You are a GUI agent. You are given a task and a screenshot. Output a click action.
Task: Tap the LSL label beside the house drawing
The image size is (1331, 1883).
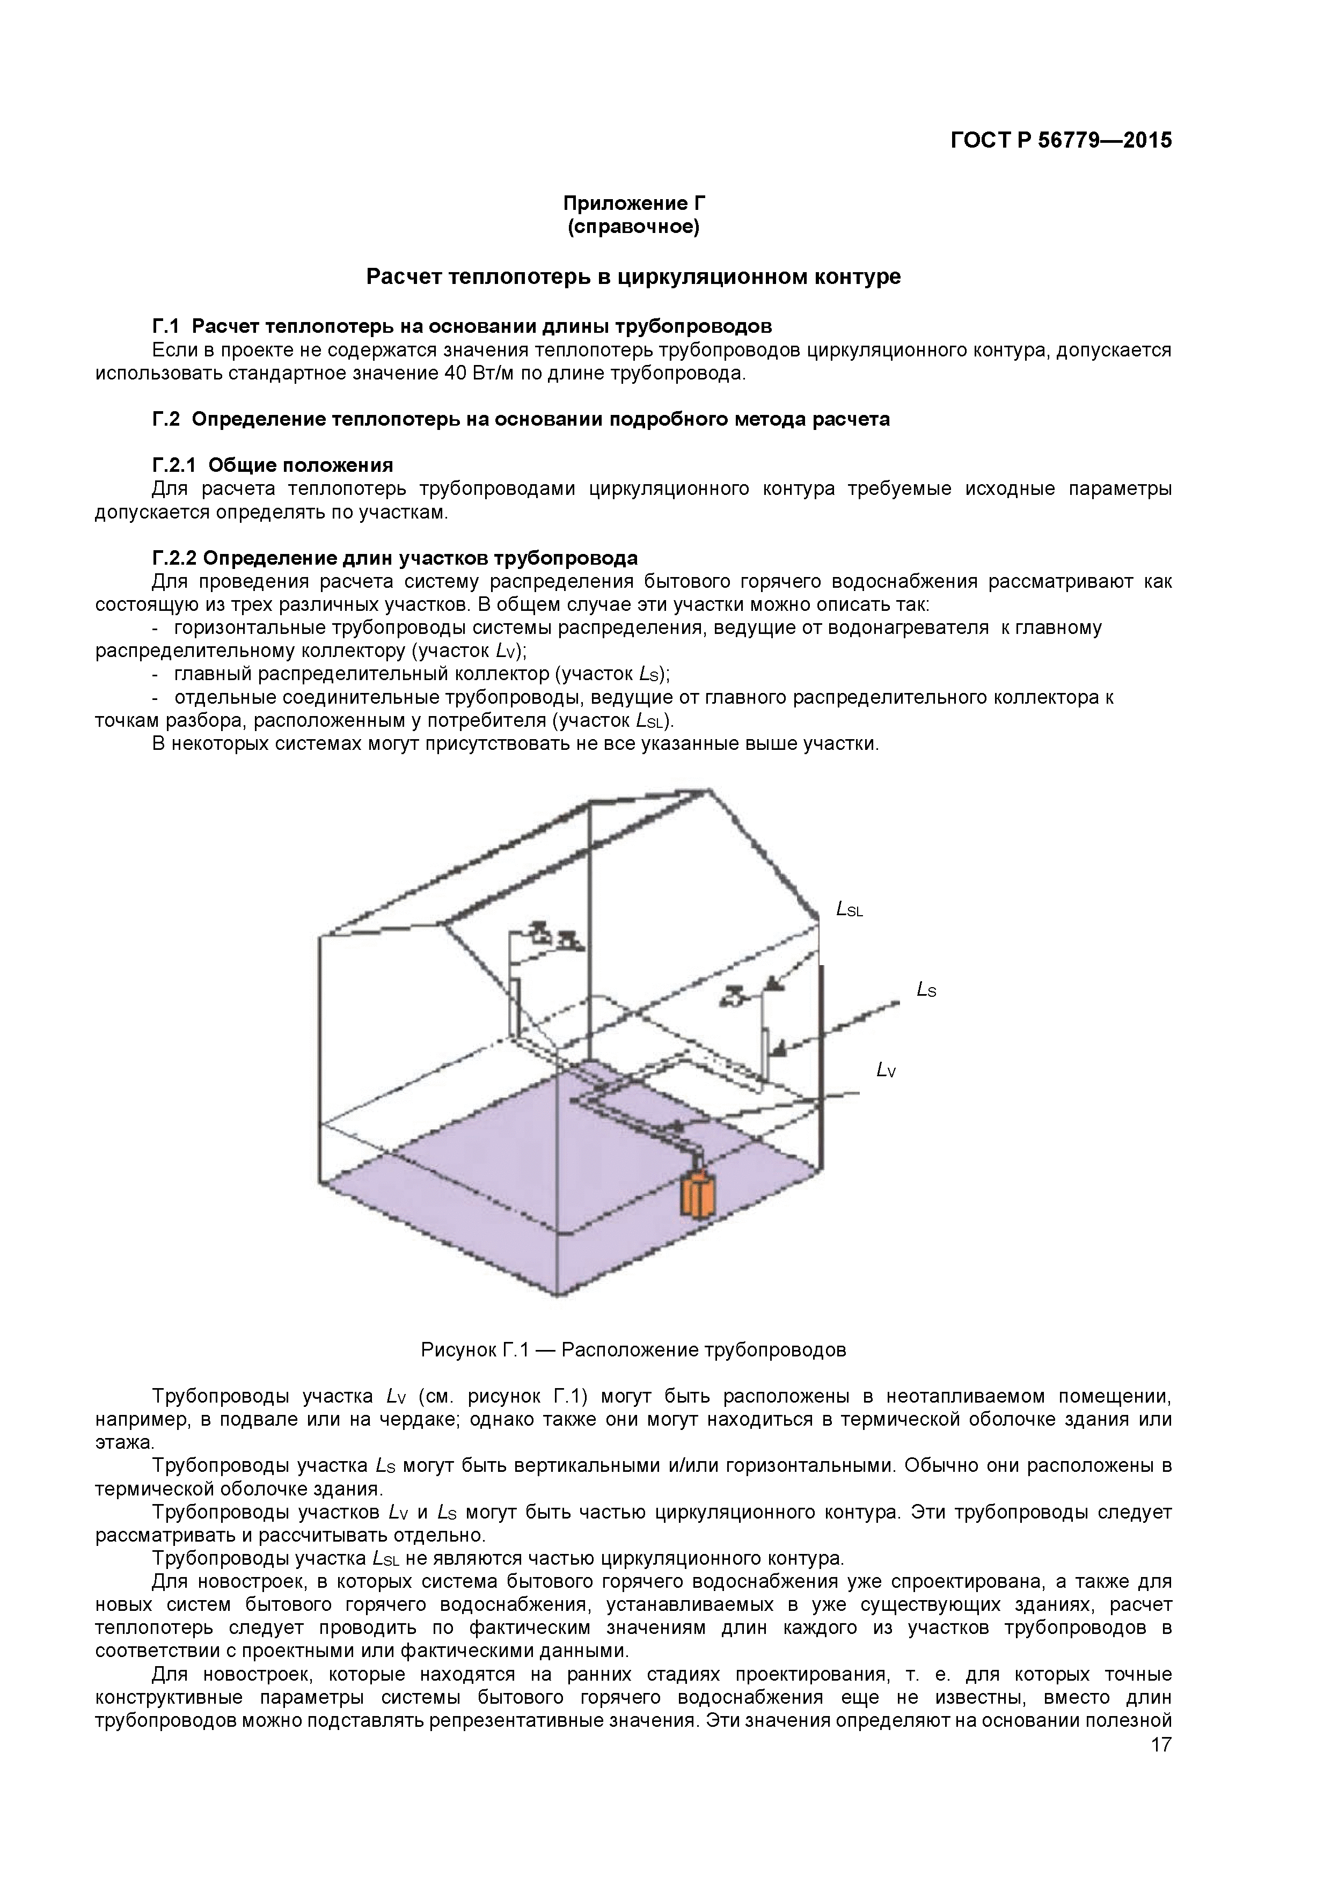point(850,909)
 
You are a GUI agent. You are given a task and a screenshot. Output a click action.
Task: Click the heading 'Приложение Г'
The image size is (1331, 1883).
point(634,203)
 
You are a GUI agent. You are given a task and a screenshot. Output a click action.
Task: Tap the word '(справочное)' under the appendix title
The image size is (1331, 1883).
point(634,227)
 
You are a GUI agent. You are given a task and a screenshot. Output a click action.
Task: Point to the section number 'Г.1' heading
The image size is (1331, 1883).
point(166,326)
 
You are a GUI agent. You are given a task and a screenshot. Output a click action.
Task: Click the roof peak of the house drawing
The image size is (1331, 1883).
point(708,791)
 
